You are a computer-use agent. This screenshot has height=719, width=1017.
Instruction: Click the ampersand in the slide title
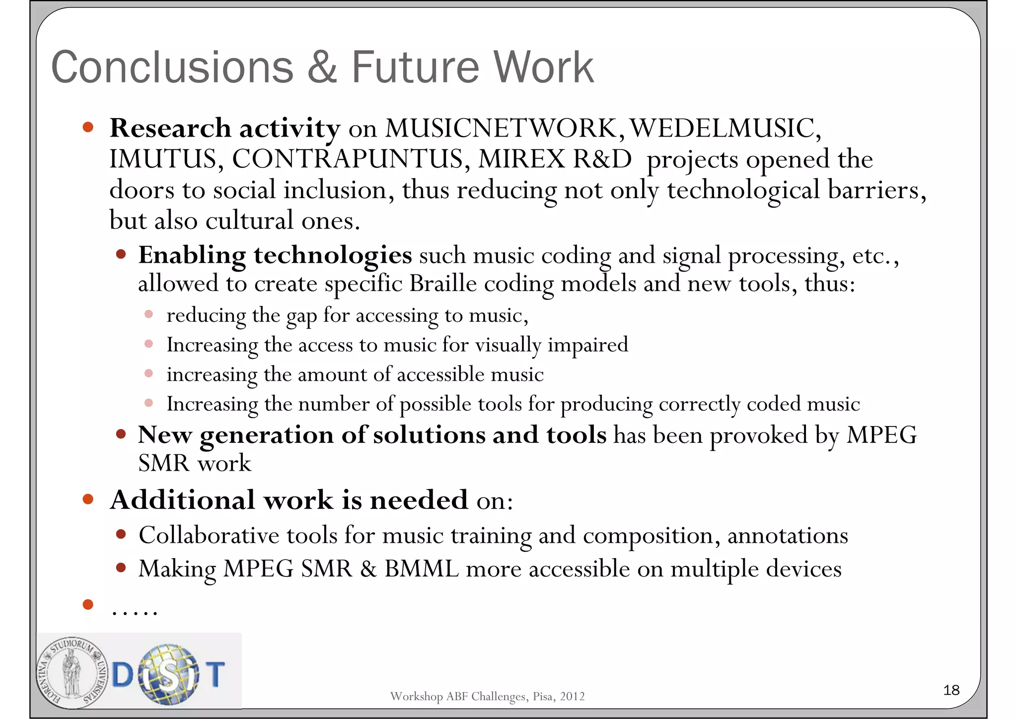(322, 68)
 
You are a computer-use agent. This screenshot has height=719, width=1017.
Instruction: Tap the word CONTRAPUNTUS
(348, 159)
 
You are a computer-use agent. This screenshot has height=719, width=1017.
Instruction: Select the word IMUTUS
(163, 159)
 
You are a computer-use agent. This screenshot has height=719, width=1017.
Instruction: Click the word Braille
(442, 284)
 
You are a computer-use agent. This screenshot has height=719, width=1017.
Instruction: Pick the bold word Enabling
(192, 256)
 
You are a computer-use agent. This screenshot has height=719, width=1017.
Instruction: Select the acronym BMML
(421, 569)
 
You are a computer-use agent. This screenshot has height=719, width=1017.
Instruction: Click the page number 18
(951, 690)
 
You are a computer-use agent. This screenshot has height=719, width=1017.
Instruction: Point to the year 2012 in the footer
(572, 696)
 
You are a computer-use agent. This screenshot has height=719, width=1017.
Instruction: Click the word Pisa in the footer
(542, 696)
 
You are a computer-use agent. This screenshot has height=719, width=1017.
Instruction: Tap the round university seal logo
(73, 671)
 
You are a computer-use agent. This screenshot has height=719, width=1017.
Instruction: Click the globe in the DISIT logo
(169, 674)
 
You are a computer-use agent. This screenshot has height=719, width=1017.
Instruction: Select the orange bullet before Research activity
(88, 127)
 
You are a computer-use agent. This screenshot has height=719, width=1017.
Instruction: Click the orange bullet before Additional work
(88, 499)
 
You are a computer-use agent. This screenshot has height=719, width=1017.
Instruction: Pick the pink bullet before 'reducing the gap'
(148, 314)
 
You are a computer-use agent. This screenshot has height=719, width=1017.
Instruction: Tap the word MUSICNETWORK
(501, 128)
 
